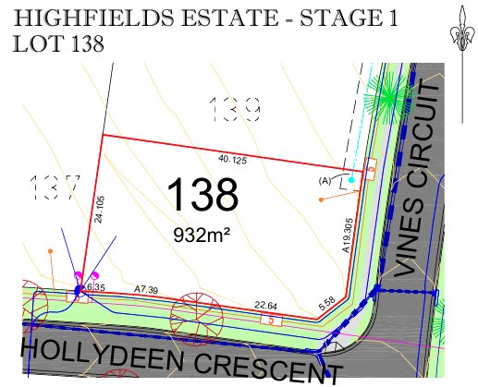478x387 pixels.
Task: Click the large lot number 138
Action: (202, 195)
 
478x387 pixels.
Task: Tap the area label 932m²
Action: (202, 235)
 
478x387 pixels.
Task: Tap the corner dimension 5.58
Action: (325, 304)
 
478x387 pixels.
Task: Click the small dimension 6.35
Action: (96, 287)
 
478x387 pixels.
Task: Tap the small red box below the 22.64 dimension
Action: (272, 320)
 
